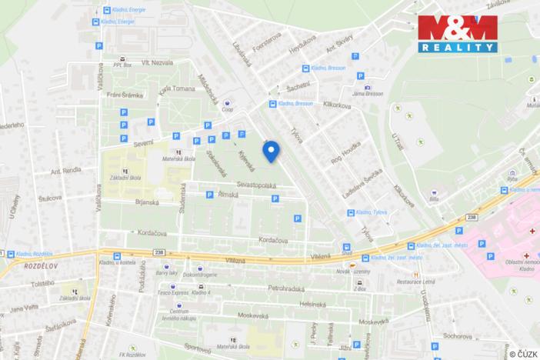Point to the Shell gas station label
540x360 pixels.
347,258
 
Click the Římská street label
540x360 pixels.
229,195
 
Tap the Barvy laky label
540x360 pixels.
167,272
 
